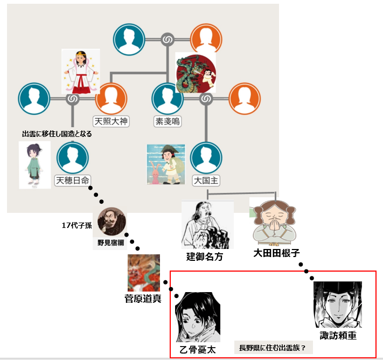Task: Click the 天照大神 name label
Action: click(x=111, y=121)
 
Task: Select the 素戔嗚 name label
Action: click(x=167, y=121)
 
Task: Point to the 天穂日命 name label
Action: click(x=73, y=180)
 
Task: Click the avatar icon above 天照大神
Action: click(x=111, y=99)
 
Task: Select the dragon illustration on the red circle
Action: click(x=196, y=73)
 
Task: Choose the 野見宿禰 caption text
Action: click(x=110, y=243)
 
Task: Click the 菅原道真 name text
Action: click(x=143, y=298)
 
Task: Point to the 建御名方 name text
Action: click(x=204, y=257)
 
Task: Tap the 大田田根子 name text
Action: click(x=276, y=253)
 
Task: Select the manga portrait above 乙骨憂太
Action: click(x=197, y=317)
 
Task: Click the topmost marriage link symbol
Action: click(x=167, y=39)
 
